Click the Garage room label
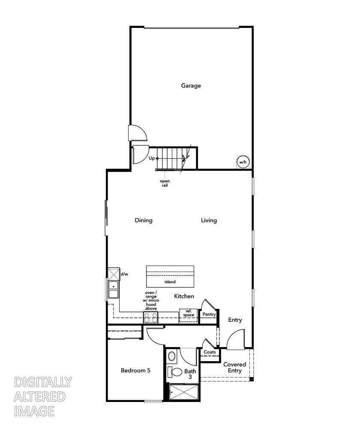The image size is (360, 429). pos(191,85)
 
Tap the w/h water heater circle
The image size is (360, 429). pos(243,162)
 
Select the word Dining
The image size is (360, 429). pos(144,221)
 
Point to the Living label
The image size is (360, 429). pos(209,221)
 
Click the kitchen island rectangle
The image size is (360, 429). pos(170,276)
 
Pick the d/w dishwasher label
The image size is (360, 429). pos(124,274)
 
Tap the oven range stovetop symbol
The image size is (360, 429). pos(150,317)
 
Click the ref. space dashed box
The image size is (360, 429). pos(188,314)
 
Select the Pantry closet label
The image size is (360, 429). pos(209,314)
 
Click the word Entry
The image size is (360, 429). pos(235,320)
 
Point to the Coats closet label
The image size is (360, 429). pos(210,352)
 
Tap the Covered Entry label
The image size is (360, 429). pos(234,367)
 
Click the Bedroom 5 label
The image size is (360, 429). pos(135,371)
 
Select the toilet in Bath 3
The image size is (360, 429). pos(176,372)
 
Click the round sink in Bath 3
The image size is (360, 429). pos(172,356)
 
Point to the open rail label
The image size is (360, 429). pos(165,183)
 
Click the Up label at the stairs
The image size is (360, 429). pos(152,158)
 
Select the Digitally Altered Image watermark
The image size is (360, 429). pos(42,396)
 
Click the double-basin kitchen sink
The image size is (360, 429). pos(113,290)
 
